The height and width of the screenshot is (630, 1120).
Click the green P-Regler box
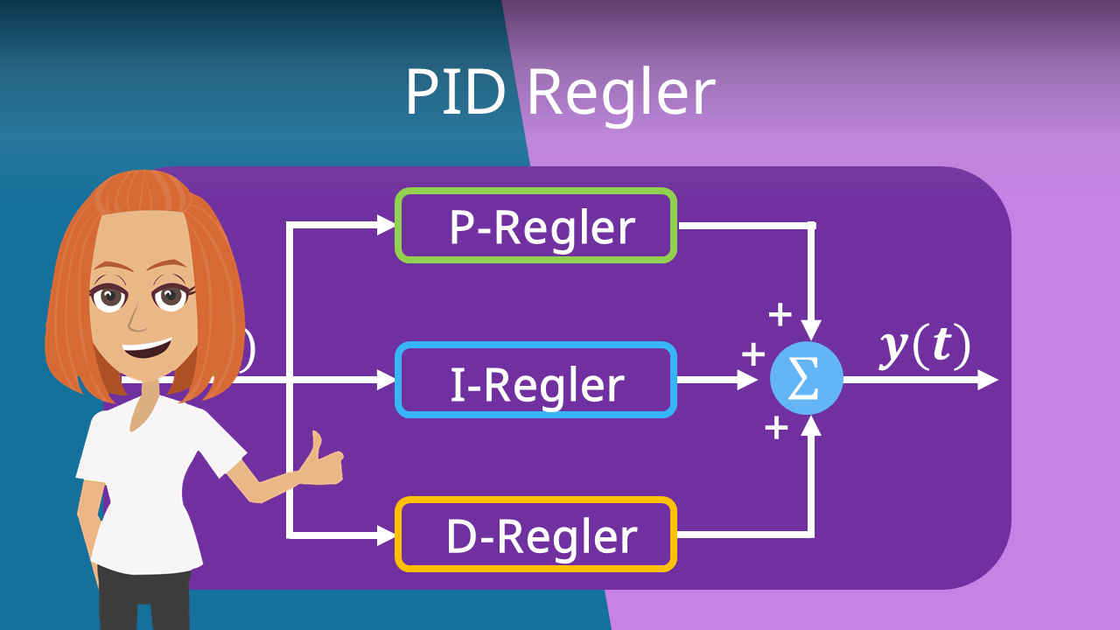[x=535, y=226]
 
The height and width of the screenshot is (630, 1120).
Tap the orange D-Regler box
[x=535, y=535]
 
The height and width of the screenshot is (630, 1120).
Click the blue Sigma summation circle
[x=806, y=380]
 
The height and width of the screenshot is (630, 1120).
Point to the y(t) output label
[x=925, y=348]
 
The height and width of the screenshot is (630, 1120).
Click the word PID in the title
[x=455, y=92]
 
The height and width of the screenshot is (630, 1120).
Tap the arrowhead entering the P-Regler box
[x=386, y=226]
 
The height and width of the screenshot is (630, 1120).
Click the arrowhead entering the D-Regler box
[x=386, y=535]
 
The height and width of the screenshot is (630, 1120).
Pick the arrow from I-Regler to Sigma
[x=717, y=380]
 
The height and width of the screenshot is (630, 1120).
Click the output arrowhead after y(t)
[x=988, y=380]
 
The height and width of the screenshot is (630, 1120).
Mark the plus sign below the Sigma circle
[x=776, y=428]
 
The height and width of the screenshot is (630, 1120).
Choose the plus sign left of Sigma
[x=752, y=354]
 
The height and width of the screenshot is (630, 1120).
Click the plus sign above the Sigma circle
[x=778, y=314]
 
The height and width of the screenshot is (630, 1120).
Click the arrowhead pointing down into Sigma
[x=812, y=331]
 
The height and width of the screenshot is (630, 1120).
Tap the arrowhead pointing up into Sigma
[x=812, y=426]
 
